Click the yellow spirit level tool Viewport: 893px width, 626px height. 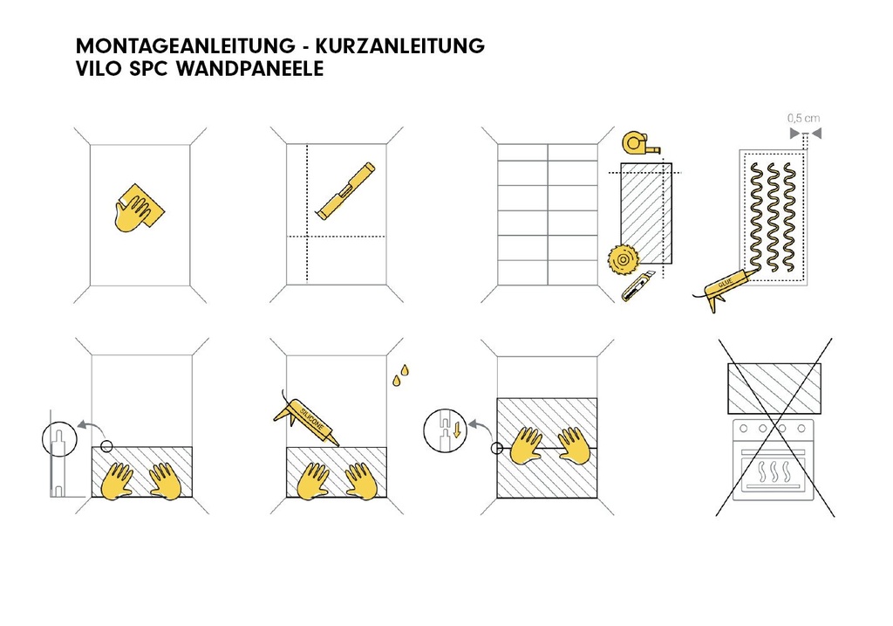pos(345,189)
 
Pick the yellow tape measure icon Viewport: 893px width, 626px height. pos(638,142)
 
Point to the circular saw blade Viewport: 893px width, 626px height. pos(621,259)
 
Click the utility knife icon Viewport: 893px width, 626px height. pos(637,286)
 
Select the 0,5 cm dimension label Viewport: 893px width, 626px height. pos(803,118)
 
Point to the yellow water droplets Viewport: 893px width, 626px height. pos(400,374)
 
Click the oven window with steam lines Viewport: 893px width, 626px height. pos(774,475)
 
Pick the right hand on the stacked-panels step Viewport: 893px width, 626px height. pos(575,444)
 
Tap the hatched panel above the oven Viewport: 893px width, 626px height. pos(774,389)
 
